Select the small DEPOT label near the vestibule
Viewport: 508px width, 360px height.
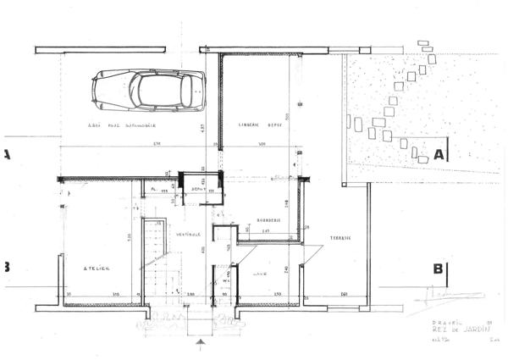(x=200, y=189)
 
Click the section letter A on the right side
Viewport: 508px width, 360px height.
(x=439, y=154)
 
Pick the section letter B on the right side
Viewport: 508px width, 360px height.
(x=439, y=269)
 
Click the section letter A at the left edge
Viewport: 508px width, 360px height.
(x=6, y=154)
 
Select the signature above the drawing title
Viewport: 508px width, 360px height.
(x=433, y=296)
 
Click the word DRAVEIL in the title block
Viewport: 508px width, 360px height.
(x=433, y=322)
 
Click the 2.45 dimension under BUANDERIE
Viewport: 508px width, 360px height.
(x=265, y=231)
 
